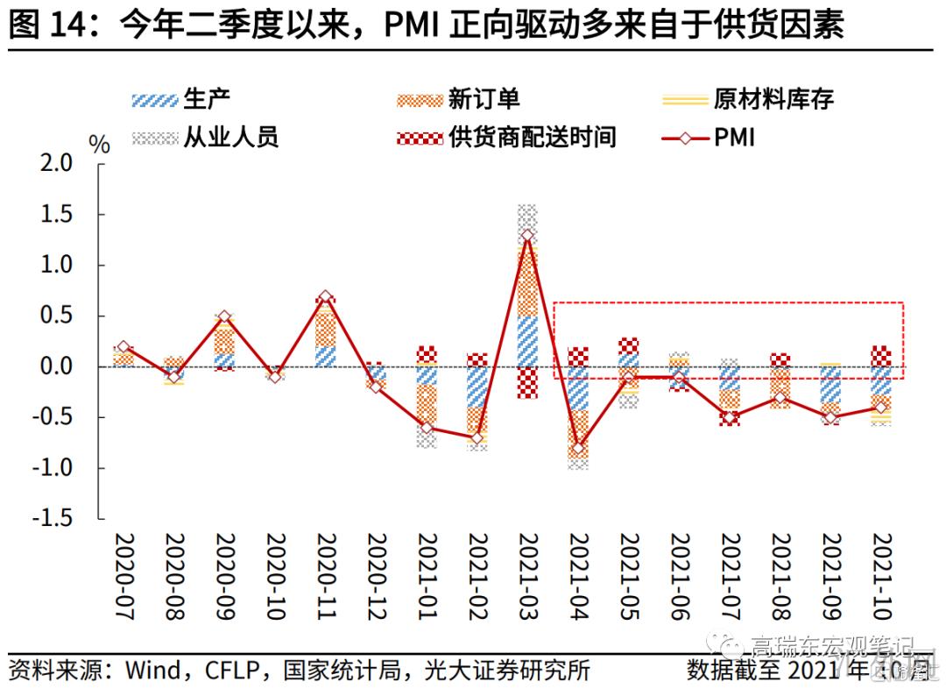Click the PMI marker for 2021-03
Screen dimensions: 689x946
[x=527, y=235]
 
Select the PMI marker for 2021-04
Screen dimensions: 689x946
[x=577, y=448]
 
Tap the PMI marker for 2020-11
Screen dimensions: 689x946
[x=325, y=297]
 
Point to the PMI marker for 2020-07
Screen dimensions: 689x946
[x=123, y=347]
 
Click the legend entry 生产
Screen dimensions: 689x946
[x=180, y=99]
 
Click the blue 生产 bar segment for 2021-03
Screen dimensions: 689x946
[x=527, y=341]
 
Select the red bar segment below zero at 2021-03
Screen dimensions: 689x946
[x=527, y=382]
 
